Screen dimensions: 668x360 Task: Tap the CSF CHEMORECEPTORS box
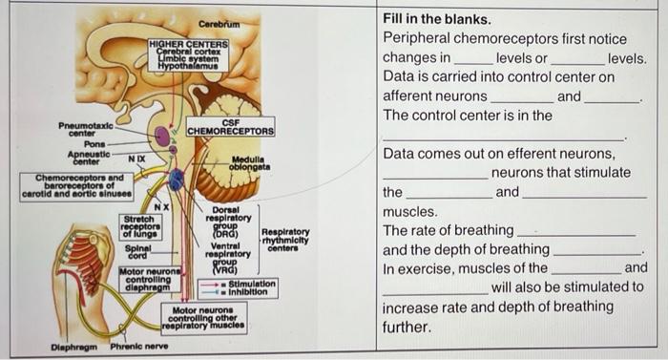(x=231, y=126)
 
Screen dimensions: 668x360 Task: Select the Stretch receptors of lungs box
(x=141, y=225)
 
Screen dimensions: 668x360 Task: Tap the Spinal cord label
(x=138, y=250)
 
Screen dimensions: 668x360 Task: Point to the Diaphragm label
(x=75, y=345)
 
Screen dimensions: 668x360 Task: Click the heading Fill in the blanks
(x=437, y=19)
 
